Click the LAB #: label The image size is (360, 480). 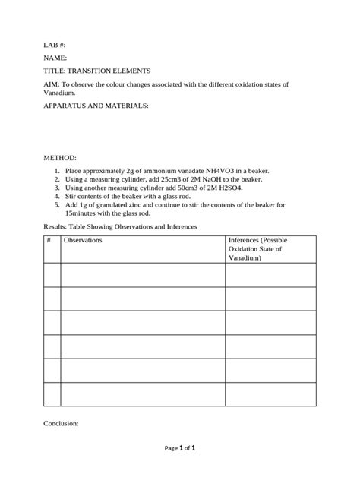[x=55, y=46]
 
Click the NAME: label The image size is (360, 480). [x=55, y=58]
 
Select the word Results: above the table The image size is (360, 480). [x=58, y=226]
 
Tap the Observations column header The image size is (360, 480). [x=83, y=240]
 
